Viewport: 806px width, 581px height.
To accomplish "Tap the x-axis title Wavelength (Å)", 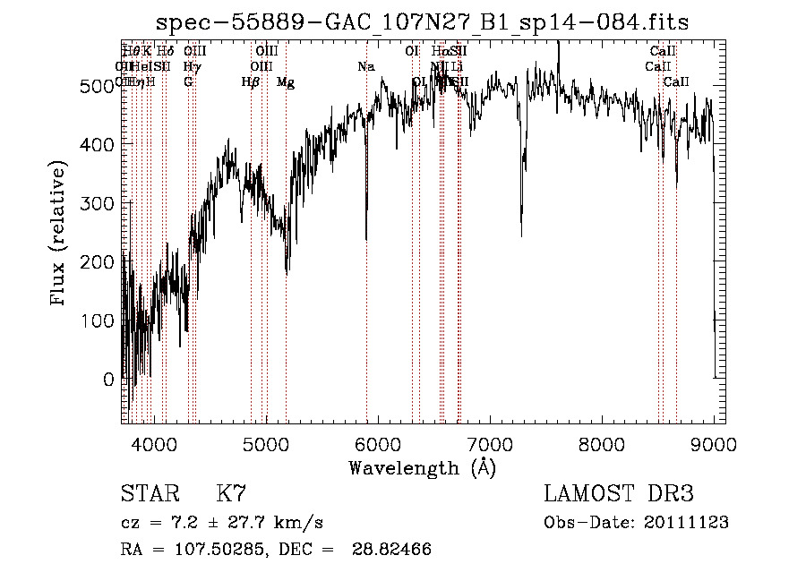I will pos(423,467).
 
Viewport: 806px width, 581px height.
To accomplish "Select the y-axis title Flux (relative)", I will pos(60,235).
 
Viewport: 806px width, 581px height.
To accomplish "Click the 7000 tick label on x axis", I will pos(490,443).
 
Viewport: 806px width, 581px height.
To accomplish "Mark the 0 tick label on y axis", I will pos(109,380).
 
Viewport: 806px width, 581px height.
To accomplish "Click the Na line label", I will pos(365,67).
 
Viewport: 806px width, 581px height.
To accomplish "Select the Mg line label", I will pos(286,82).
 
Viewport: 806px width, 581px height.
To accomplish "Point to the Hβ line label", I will pos(251,82).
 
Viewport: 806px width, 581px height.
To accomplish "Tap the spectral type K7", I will pos(231,494).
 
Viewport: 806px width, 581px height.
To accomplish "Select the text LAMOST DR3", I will pos(619,494).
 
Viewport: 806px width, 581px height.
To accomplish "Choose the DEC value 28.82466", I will pos(394,550).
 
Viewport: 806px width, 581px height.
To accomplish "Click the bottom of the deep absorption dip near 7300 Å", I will pos(521,236).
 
